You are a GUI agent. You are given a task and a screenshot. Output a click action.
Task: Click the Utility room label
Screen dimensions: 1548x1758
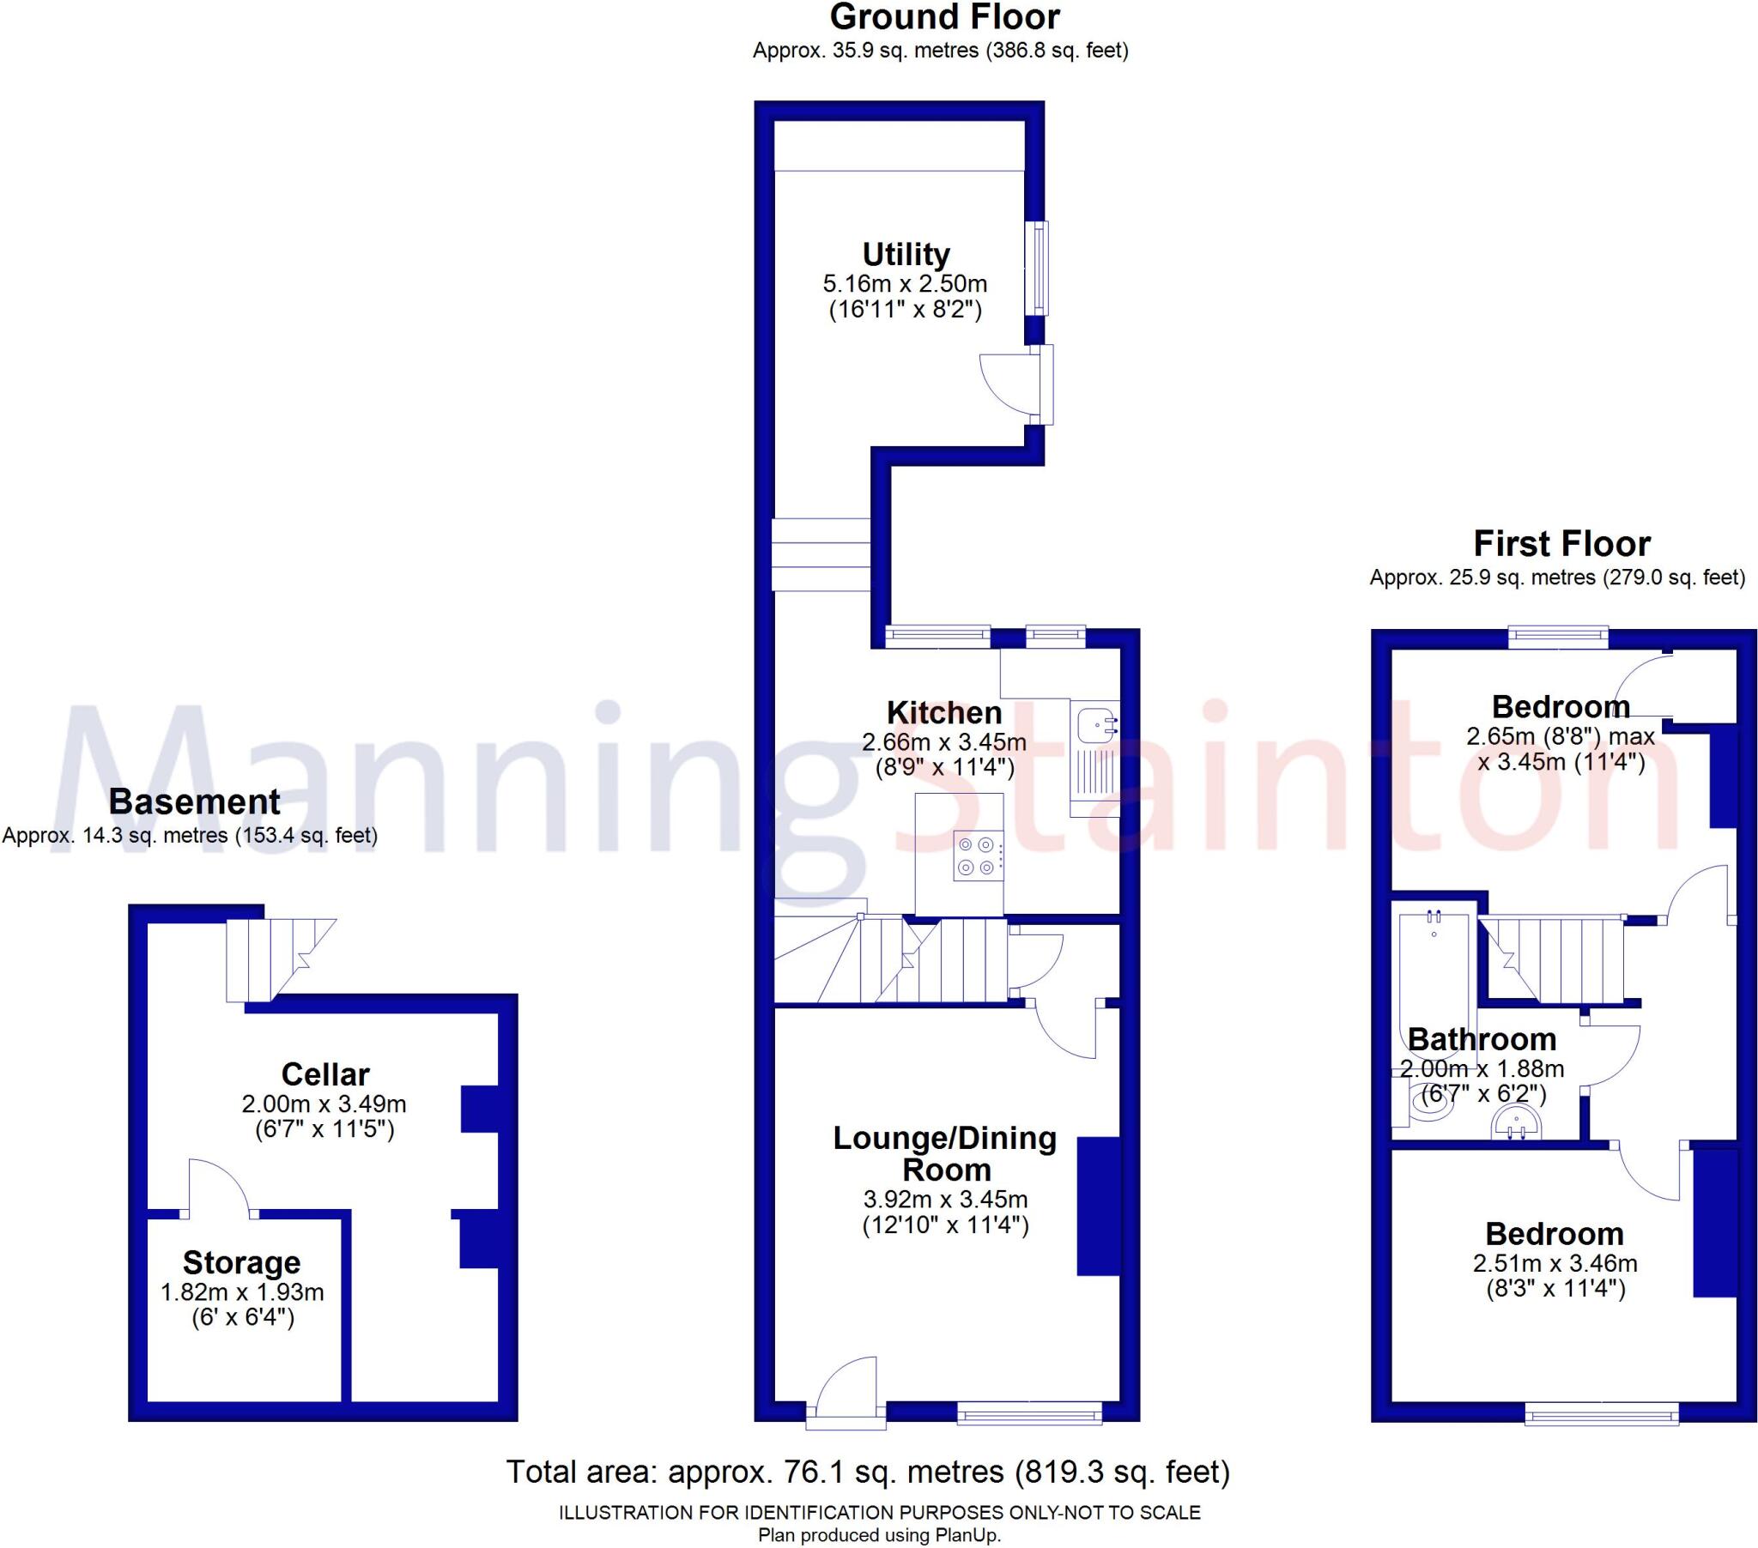906,255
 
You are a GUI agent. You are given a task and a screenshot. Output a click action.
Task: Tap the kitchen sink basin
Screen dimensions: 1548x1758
1094,723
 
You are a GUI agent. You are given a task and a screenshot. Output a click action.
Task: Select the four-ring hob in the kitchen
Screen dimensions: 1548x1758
979,856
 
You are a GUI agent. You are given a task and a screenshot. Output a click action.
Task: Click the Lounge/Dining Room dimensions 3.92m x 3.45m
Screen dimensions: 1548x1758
945,1199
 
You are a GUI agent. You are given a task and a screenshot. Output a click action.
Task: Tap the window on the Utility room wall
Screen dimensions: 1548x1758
1040,269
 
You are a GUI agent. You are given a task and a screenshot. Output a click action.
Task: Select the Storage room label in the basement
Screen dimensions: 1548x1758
242,1262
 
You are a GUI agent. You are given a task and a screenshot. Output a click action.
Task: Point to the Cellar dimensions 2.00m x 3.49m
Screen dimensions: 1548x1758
324,1104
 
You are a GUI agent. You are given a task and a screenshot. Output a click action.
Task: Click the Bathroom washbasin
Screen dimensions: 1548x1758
1518,1123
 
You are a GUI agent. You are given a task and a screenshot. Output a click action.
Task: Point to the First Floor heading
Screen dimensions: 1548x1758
1562,543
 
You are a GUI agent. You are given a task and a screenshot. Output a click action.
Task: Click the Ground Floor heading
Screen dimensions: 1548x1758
944,17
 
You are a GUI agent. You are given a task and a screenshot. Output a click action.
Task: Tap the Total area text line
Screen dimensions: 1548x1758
868,1472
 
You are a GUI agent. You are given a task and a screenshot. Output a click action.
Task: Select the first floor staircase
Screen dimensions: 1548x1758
1557,959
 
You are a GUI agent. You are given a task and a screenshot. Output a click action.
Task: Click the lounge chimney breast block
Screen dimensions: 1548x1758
1098,1206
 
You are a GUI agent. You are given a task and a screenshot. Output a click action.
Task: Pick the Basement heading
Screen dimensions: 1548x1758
194,801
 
